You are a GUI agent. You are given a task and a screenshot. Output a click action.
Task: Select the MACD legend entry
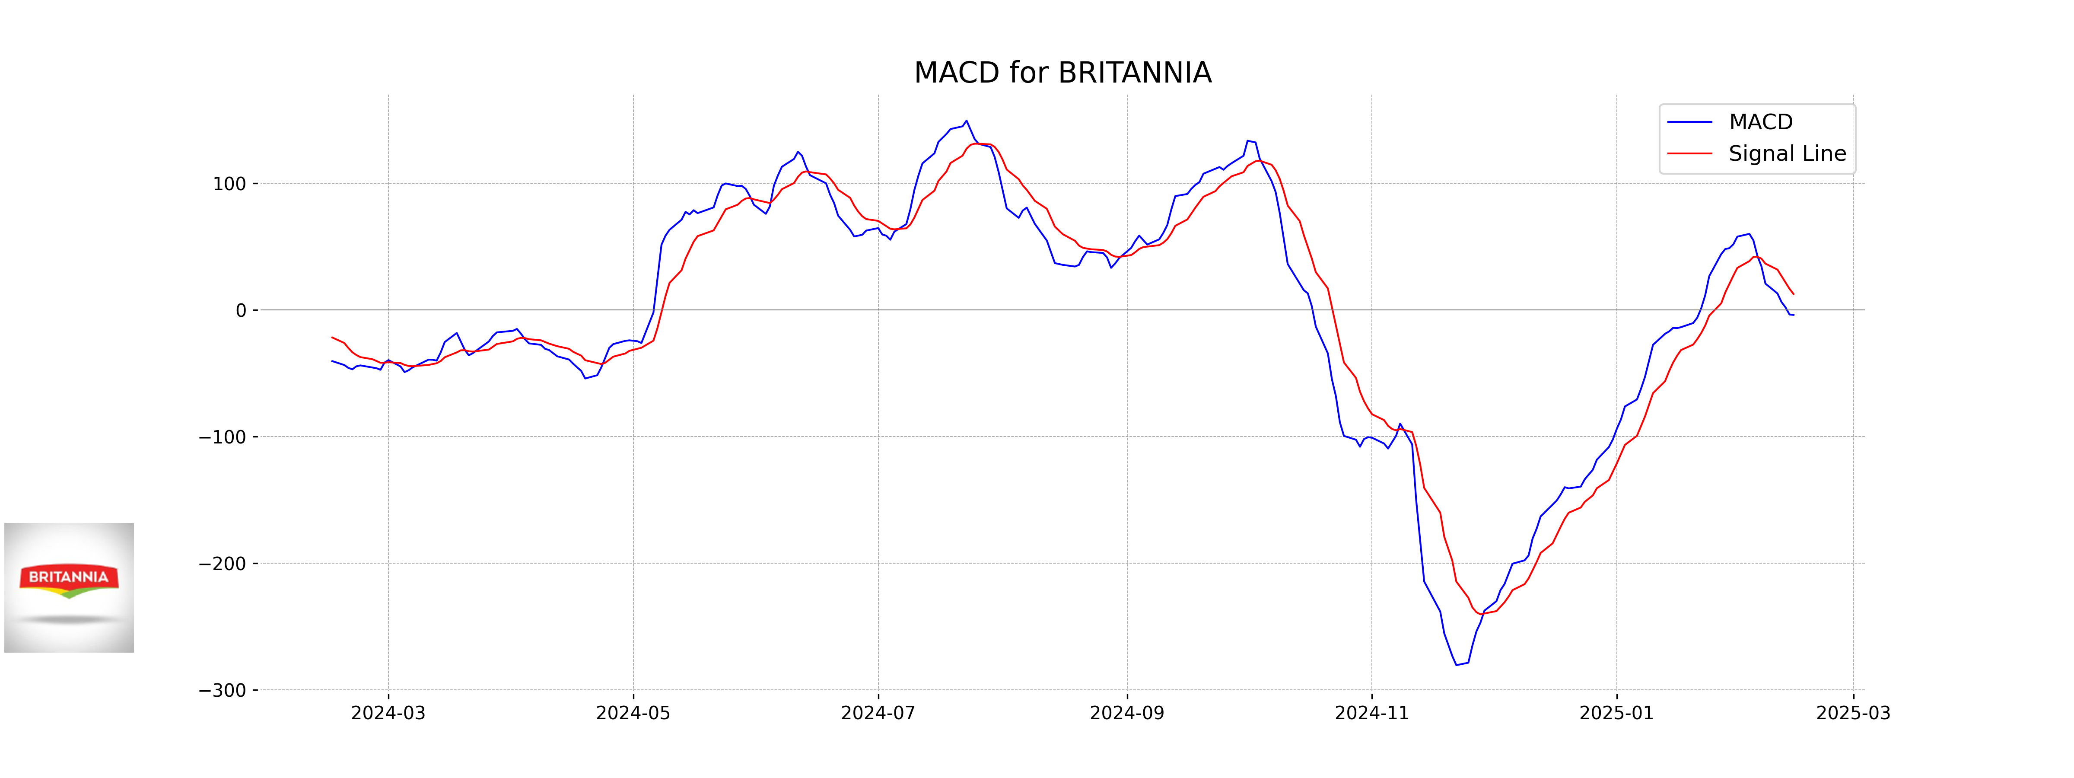(x=1760, y=122)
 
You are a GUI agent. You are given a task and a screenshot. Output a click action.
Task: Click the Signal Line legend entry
(x=1787, y=154)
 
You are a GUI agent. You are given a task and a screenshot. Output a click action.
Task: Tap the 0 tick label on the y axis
(x=241, y=311)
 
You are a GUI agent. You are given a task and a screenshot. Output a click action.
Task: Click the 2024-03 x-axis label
(x=388, y=714)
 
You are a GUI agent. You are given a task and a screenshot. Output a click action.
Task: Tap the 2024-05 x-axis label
(x=633, y=714)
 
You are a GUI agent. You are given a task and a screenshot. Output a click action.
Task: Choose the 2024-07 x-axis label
(x=878, y=714)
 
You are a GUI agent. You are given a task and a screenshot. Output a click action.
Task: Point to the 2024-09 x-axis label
(x=1126, y=714)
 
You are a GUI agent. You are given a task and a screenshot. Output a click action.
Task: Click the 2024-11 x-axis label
(x=1371, y=714)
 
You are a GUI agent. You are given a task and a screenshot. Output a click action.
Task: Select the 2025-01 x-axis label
(x=1616, y=714)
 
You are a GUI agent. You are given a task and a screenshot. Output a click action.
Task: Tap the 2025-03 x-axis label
(x=1853, y=714)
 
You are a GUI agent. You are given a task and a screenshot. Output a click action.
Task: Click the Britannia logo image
(x=69, y=587)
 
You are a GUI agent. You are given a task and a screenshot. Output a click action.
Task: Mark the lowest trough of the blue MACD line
(x=1457, y=665)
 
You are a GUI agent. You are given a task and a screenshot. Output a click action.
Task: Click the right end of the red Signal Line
(x=1793, y=295)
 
